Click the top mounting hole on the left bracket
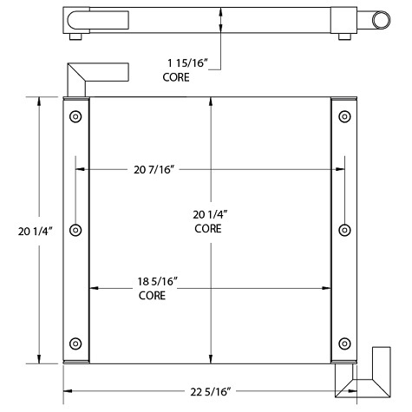tap(75, 117)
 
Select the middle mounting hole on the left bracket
tap(75, 230)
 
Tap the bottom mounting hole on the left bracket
tap(75, 342)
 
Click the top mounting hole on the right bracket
tap(345, 117)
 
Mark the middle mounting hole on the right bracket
tap(345, 230)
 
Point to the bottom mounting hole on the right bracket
tap(345, 342)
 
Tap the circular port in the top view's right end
tap(383, 20)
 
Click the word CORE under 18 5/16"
tap(152, 296)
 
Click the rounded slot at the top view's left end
tap(80, 19)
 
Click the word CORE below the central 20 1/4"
tap(207, 229)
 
